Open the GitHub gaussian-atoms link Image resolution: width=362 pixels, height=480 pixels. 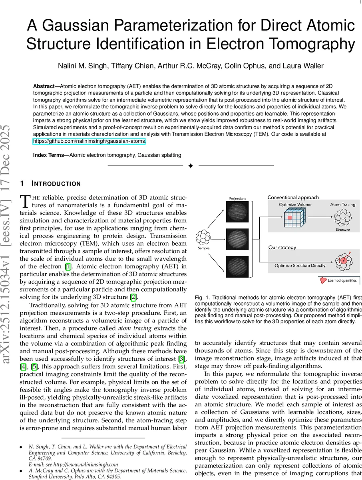(89, 141)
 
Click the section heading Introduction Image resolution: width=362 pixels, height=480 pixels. (56, 184)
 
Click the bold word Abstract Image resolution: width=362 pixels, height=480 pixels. (44, 86)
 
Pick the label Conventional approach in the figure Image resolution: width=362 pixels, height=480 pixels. (293, 197)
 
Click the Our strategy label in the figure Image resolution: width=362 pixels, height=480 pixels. (282, 247)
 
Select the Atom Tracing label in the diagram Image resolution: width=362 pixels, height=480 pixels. (342, 205)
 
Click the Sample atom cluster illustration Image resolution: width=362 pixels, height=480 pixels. (204, 238)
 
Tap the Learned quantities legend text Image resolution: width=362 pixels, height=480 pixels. (342, 280)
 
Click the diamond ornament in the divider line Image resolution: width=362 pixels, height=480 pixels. (191, 166)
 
